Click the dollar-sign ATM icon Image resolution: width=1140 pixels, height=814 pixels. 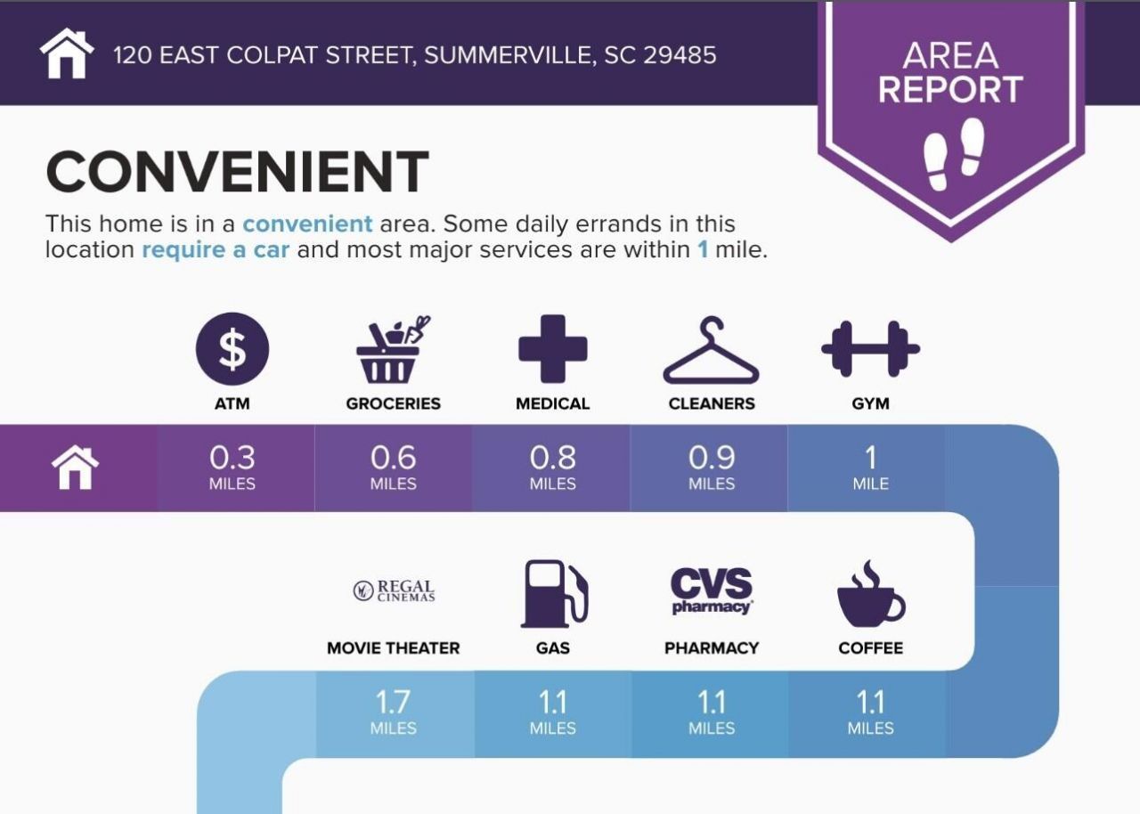pos(232,349)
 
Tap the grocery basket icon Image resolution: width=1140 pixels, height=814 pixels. pos(393,349)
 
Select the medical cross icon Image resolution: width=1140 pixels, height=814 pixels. pos(553,349)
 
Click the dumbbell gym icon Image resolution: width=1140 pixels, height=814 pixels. pos(871,349)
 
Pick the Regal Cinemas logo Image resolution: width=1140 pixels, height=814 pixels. pos(394,590)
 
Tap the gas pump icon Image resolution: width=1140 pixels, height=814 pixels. pos(554,594)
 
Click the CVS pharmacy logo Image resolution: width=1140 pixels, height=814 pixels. pos(712,590)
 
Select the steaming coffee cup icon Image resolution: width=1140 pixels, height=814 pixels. pos(871,594)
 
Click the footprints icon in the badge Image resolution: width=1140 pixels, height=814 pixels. pos(954,155)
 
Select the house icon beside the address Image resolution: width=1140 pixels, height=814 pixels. pos(67,53)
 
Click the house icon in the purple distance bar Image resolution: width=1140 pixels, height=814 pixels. pos(75,468)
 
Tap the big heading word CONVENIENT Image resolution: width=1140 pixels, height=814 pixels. pos(237,172)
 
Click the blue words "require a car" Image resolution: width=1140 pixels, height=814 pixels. pos(216,249)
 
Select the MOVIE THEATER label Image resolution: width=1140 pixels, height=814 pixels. pos(394,648)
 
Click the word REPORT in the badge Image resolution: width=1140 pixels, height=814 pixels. pos(950,90)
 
